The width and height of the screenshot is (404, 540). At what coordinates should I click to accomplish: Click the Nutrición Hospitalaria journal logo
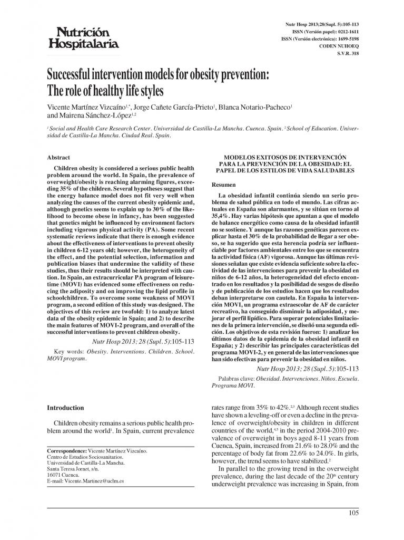click(84, 37)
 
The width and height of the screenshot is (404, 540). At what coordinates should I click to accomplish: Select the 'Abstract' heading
click(58, 157)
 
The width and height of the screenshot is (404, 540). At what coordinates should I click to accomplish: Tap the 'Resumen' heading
click(223, 185)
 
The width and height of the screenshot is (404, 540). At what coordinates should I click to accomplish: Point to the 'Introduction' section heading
click(65, 408)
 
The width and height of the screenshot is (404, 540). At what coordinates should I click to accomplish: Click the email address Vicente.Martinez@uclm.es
click(95, 481)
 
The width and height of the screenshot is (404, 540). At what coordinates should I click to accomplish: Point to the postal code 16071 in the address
click(55, 475)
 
